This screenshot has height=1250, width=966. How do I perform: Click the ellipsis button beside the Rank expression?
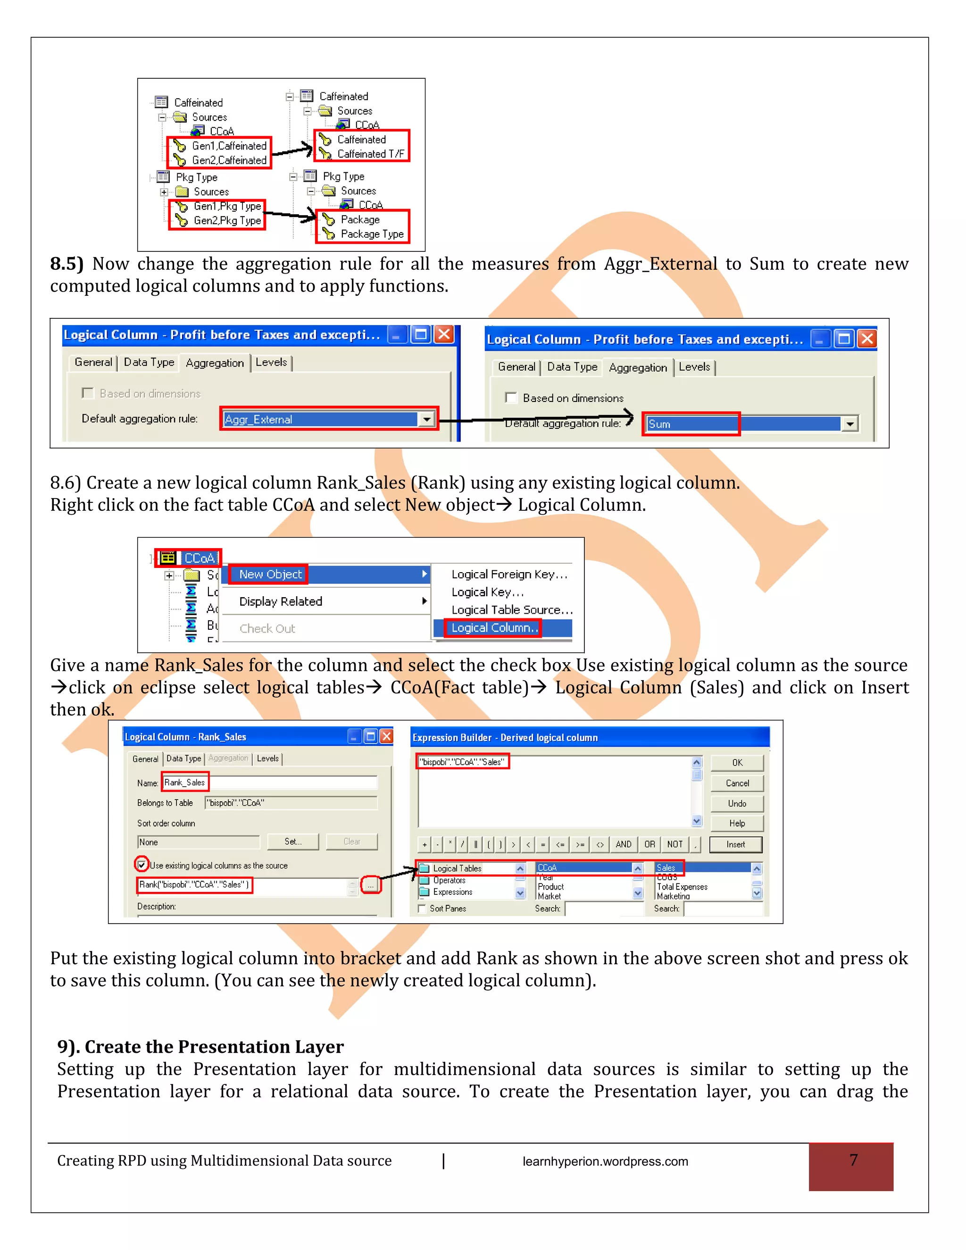370,885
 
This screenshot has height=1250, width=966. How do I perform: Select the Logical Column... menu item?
493,628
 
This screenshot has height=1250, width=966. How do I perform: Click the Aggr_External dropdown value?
320,419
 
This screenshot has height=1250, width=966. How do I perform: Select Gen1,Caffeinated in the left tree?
228,146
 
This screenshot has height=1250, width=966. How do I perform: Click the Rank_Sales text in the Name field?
184,783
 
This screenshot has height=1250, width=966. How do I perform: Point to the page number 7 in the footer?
853,1160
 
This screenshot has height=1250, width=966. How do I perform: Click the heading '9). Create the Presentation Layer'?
200,1046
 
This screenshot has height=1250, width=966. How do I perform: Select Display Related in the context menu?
281,601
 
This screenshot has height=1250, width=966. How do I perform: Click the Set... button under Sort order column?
293,842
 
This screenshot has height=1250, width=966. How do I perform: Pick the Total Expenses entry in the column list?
682,887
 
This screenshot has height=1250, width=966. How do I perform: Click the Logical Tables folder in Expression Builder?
456,868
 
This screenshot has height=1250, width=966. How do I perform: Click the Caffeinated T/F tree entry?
370,154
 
